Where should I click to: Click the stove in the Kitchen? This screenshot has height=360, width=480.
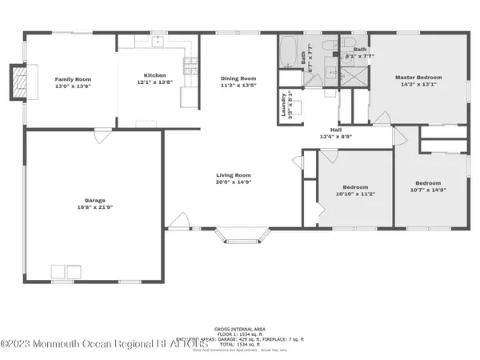[x=190, y=66]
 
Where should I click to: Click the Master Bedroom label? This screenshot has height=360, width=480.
[x=418, y=78]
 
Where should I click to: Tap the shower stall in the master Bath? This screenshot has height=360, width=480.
[x=353, y=75]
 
